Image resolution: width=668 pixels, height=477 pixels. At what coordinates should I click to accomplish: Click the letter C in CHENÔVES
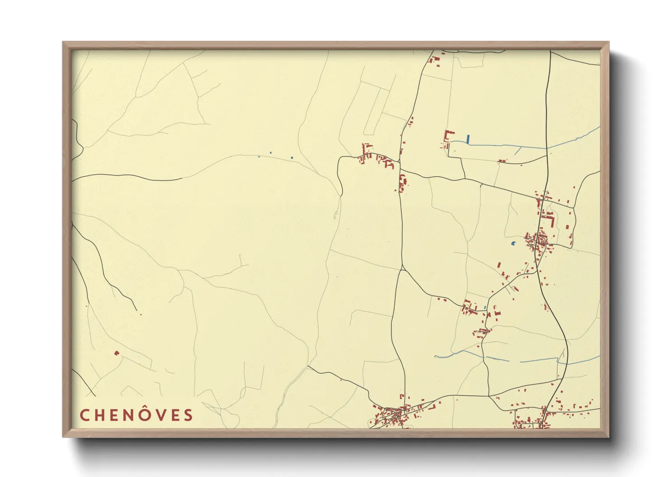(x=84, y=415)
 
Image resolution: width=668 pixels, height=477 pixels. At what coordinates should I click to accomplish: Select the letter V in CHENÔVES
(x=158, y=415)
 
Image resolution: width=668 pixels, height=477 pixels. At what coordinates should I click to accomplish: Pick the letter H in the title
(x=100, y=415)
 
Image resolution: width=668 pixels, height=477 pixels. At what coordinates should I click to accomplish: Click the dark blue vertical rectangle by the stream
(x=469, y=139)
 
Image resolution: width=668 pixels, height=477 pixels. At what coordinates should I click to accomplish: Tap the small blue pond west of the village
(x=513, y=243)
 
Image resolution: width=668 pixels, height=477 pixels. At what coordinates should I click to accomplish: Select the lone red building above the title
(x=117, y=353)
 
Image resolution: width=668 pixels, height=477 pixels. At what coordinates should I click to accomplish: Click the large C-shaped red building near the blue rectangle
(x=448, y=136)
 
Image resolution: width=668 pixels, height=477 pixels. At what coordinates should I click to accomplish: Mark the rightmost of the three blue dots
(x=292, y=158)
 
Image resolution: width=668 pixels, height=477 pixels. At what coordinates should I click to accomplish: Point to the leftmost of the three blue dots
(x=259, y=157)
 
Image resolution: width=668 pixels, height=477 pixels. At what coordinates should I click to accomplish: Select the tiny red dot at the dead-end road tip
(x=141, y=314)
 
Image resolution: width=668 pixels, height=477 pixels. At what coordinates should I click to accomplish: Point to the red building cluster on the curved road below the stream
(x=469, y=308)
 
